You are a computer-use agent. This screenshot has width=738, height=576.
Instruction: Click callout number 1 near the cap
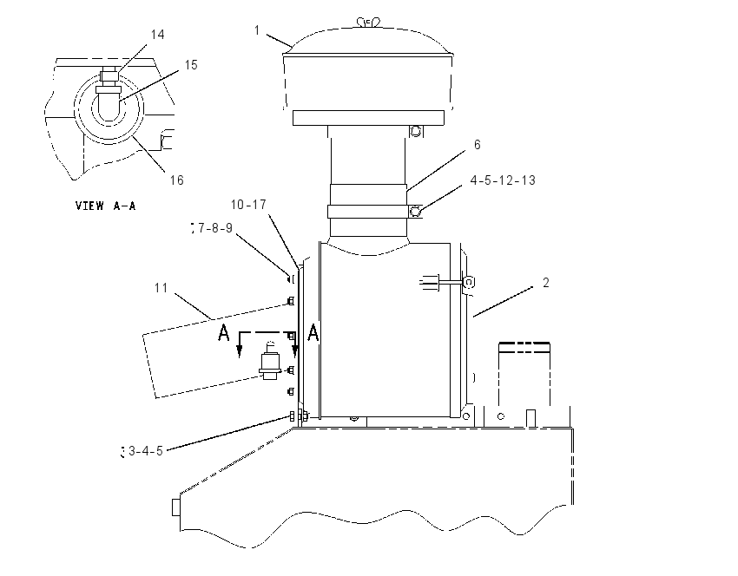(257, 30)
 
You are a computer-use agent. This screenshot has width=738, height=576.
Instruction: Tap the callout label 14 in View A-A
(157, 35)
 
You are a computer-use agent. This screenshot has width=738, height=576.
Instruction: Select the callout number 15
(191, 65)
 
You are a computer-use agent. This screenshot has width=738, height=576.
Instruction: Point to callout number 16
(176, 180)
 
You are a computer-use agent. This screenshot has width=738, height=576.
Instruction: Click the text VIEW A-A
(105, 206)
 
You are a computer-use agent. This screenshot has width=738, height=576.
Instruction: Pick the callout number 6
(478, 144)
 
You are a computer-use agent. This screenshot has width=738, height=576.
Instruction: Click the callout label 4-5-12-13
(503, 180)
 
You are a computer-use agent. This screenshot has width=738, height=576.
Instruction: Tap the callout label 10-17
(248, 205)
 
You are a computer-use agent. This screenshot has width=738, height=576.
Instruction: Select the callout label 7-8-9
(215, 228)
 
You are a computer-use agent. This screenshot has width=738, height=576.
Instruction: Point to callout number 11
(161, 288)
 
